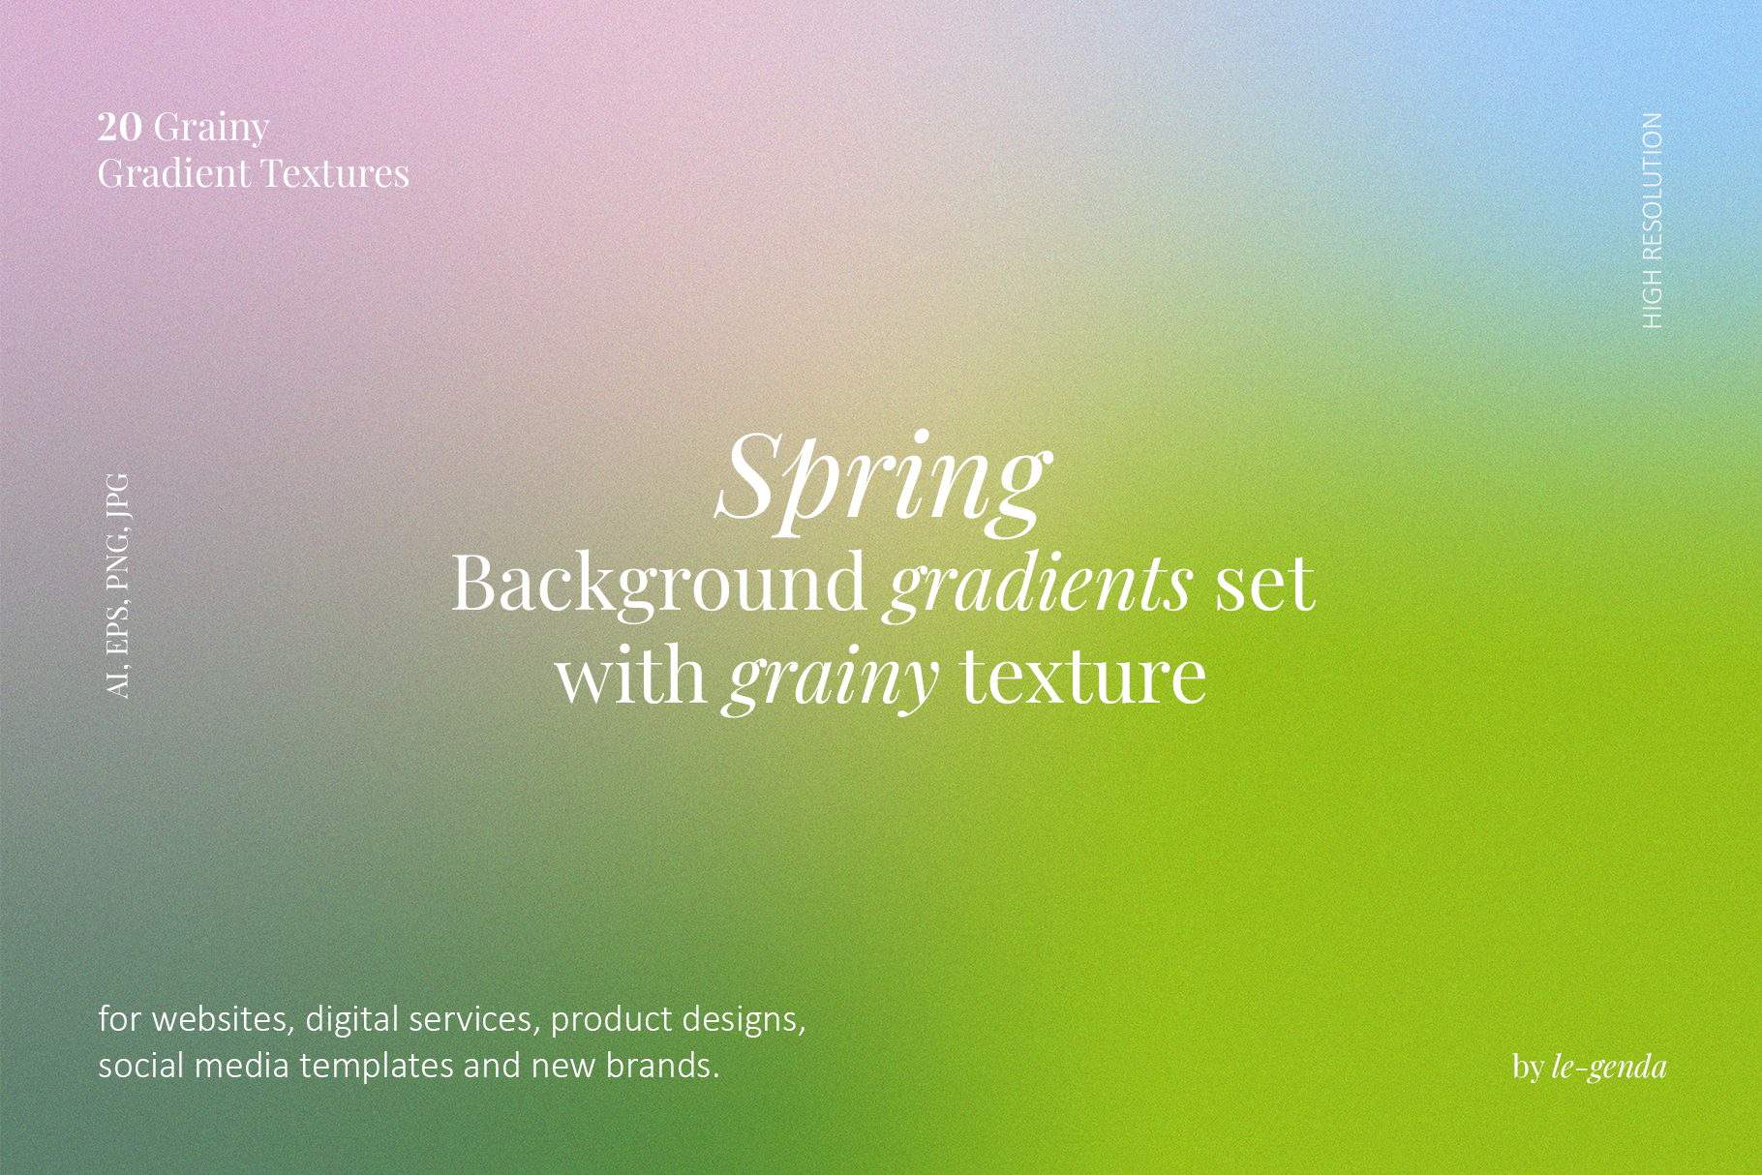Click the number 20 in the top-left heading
point(120,127)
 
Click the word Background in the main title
point(658,585)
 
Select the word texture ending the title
point(1083,677)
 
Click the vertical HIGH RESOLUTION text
point(1653,221)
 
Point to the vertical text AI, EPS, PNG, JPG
point(117,586)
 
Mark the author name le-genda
point(1609,1068)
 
